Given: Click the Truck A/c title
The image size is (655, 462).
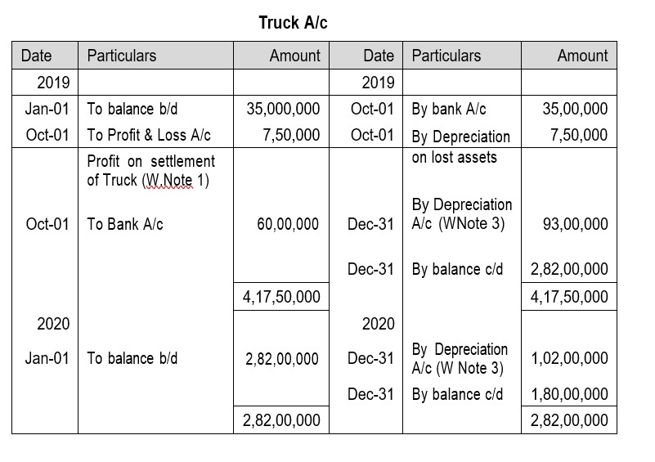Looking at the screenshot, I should click(293, 23).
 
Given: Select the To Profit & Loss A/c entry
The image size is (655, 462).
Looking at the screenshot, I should click(149, 135).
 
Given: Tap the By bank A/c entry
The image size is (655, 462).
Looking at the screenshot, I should click(449, 109).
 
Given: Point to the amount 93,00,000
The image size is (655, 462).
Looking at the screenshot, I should click(575, 223).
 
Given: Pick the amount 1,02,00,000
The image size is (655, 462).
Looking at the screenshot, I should click(569, 358).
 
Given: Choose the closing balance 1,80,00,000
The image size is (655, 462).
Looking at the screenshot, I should click(569, 394).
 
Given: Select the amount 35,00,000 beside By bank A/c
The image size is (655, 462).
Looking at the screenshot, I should click(575, 109).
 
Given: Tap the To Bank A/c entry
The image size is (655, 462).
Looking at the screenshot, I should click(125, 223).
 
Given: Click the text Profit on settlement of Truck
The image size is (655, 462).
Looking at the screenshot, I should click(150, 170).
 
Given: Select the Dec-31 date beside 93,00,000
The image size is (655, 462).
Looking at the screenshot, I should click(370, 223).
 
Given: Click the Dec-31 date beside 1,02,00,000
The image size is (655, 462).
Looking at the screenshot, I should click(370, 358).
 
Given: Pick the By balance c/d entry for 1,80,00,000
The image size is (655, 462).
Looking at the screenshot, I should click(457, 394).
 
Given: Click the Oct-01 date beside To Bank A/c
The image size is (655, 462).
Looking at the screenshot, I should click(47, 223).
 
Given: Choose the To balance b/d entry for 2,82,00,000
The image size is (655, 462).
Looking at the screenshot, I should click(132, 358).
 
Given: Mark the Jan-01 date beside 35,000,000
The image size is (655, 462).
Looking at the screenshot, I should click(47, 109).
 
